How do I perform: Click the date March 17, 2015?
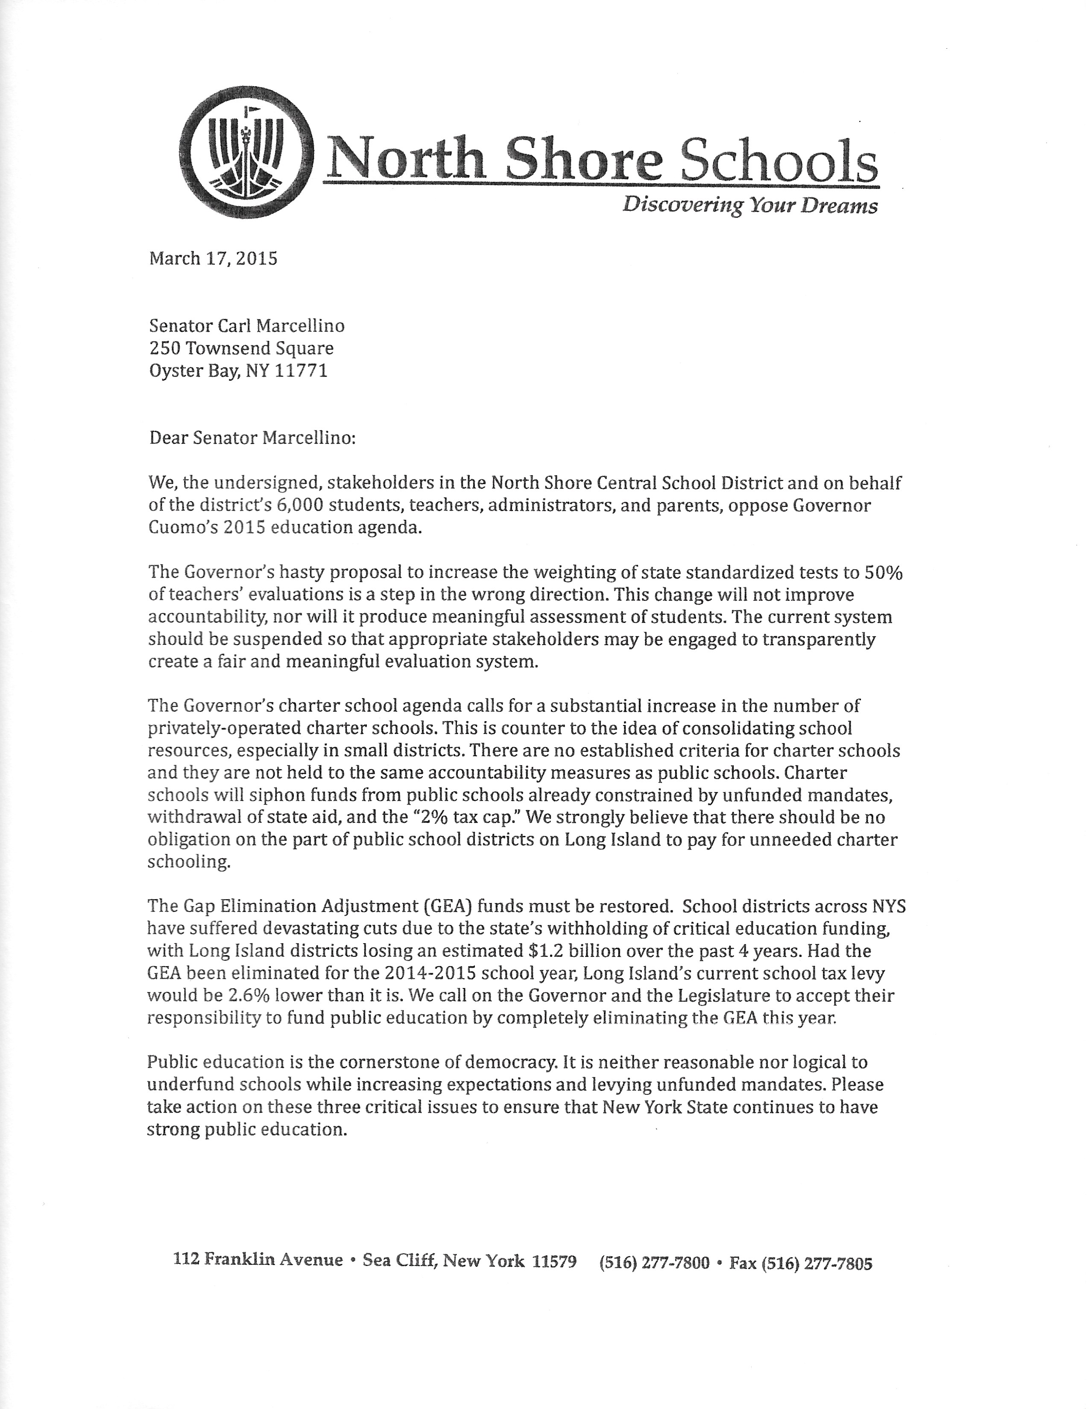click(x=213, y=259)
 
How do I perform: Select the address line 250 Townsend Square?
click(x=241, y=348)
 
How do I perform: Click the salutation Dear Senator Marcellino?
click(x=252, y=438)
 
